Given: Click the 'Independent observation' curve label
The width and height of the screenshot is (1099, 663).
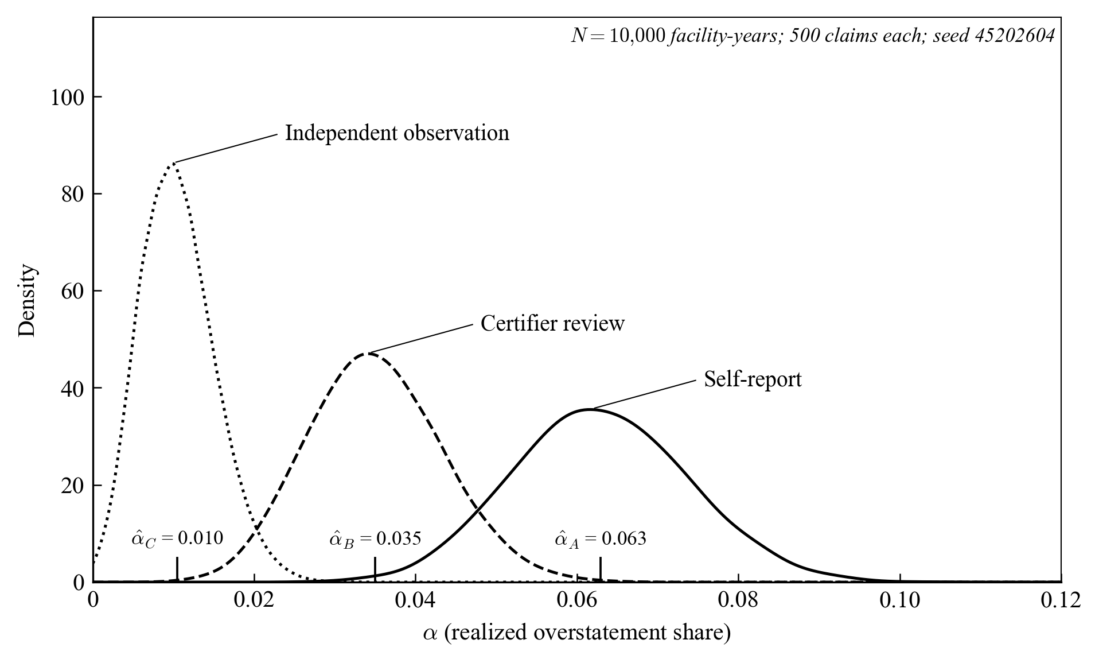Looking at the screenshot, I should click(x=397, y=133).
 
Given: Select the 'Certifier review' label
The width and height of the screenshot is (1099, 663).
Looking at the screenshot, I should click(x=552, y=324).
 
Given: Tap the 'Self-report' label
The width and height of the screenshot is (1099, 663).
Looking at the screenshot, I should click(x=753, y=379).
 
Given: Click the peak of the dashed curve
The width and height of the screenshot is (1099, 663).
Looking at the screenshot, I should click(x=368, y=353).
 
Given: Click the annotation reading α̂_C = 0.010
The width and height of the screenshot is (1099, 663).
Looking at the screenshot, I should click(x=177, y=538).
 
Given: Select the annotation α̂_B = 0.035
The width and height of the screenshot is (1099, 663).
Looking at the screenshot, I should click(x=375, y=538).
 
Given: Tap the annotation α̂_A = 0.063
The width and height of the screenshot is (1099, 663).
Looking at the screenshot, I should click(x=601, y=538).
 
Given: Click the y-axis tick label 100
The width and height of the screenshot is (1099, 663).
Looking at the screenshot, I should click(x=67, y=97).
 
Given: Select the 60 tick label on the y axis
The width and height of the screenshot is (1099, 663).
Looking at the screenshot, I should click(x=73, y=291).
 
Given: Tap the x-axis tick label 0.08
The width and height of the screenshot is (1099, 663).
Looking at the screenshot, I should click(x=739, y=600).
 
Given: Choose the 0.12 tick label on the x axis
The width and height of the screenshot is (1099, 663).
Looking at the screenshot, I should click(x=1061, y=600).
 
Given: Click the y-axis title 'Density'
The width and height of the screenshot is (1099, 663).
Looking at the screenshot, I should click(x=27, y=300).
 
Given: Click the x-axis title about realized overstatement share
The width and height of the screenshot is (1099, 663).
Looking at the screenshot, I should click(x=576, y=633).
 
